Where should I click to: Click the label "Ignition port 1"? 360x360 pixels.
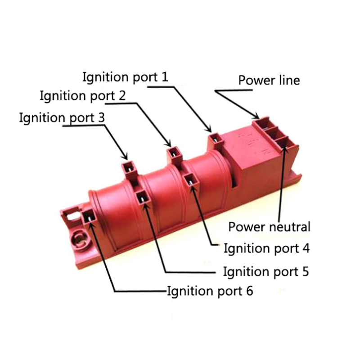click(125, 76)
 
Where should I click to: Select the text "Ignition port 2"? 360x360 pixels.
click(82, 96)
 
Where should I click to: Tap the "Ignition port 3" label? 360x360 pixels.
click(62, 118)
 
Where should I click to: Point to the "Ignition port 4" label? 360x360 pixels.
click(267, 248)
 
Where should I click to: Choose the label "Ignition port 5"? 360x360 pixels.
click(266, 271)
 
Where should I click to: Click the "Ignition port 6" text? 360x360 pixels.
click(210, 291)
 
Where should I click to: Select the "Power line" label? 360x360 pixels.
click(269, 81)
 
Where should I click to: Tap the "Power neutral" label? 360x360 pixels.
click(269, 226)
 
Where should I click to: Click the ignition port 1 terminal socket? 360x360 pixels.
click(217, 139)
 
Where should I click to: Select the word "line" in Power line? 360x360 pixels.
click(288, 81)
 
